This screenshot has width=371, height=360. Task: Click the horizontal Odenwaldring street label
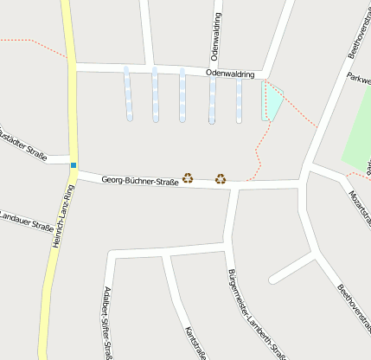[231, 74]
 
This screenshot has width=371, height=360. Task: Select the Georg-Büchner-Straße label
[140, 181]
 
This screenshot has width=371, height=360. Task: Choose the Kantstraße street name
[196, 343]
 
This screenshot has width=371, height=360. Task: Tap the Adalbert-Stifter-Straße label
[108, 321]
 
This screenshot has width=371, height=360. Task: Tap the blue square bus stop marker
[74, 165]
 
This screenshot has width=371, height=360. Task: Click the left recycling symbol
[187, 178]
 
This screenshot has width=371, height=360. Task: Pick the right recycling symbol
[221, 179]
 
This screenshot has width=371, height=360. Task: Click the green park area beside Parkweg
[358, 130]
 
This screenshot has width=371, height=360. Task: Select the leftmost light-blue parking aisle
[128, 93]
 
